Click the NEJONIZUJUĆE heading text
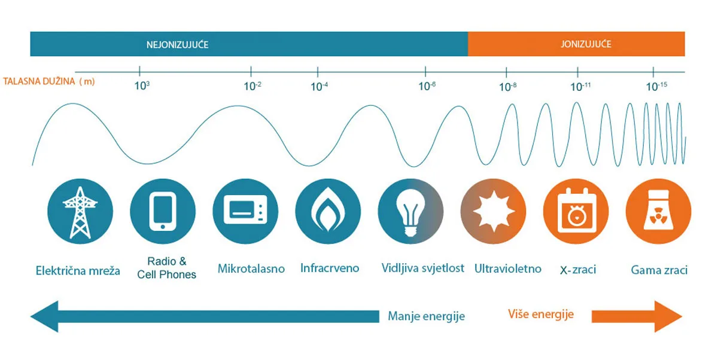pos(177,44)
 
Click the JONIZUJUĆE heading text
pos(586,44)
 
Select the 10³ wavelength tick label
pos(142,86)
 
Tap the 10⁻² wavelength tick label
pos(252,86)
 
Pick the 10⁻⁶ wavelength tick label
pos(427,86)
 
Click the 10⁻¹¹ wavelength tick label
pos(580,86)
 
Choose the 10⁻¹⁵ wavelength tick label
pos(656,86)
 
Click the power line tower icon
pos(80,212)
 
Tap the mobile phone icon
pos(163,211)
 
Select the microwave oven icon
pos(245,209)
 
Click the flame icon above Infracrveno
pos(328,209)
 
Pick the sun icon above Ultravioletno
pos(494,211)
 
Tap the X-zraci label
pos(578,270)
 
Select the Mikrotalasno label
pos(251,269)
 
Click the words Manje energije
pos(426,316)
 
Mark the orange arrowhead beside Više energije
pos(667,316)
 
